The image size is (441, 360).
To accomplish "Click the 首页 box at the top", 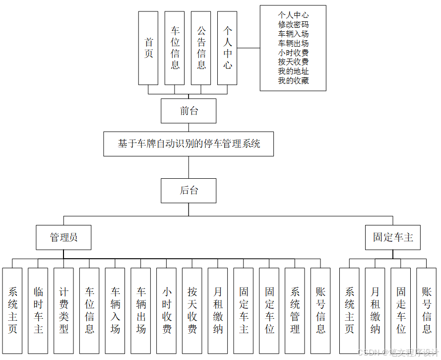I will (148, 48).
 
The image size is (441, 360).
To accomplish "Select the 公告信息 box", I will (201, 48).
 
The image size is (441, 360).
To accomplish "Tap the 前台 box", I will (189, 111).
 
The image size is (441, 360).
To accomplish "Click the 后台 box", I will (189, 191).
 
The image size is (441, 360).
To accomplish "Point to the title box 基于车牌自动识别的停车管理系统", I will (189, 144).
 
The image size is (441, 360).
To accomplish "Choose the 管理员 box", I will (63, 237).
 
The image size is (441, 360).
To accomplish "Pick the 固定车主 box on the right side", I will (393, 237).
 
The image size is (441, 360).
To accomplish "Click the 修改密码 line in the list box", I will (293, 24).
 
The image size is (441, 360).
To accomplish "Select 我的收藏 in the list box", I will (293, 80).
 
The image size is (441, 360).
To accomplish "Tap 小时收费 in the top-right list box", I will (293, 53).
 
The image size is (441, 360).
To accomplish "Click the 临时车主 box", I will (38, 310).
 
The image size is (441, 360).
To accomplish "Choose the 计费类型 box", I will (64, 310).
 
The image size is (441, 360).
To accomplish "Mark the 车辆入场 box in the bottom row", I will (115, 310).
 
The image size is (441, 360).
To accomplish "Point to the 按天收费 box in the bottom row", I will (192, 310).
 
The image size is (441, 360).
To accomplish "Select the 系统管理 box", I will (295, 310).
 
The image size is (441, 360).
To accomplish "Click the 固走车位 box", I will (401, 310).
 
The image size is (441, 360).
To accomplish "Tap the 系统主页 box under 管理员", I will (12, 310).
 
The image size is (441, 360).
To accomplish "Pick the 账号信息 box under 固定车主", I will (427, 310).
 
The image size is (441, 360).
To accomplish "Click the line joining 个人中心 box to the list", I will (249, 48).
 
